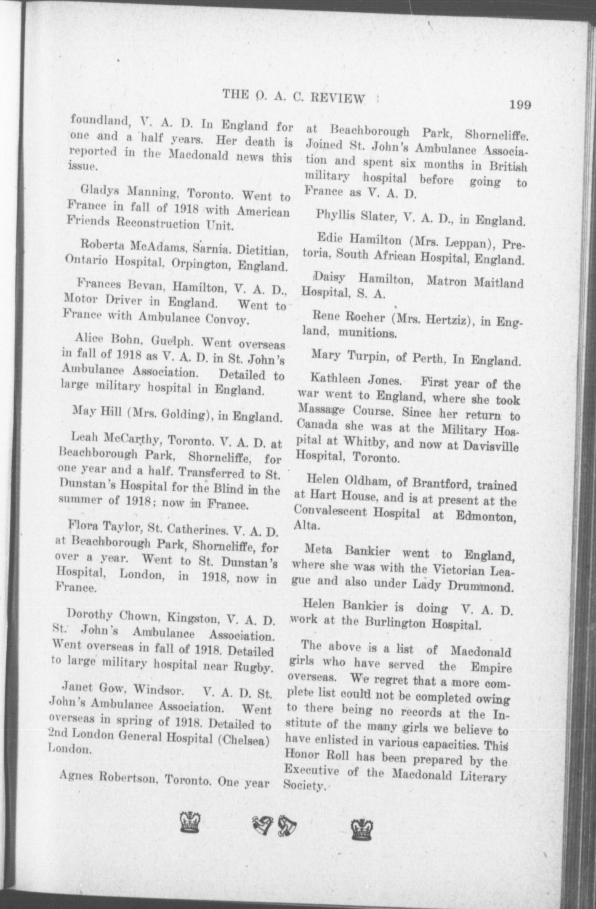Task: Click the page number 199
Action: tap(520, 105)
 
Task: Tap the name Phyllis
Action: tap(335, 215)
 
